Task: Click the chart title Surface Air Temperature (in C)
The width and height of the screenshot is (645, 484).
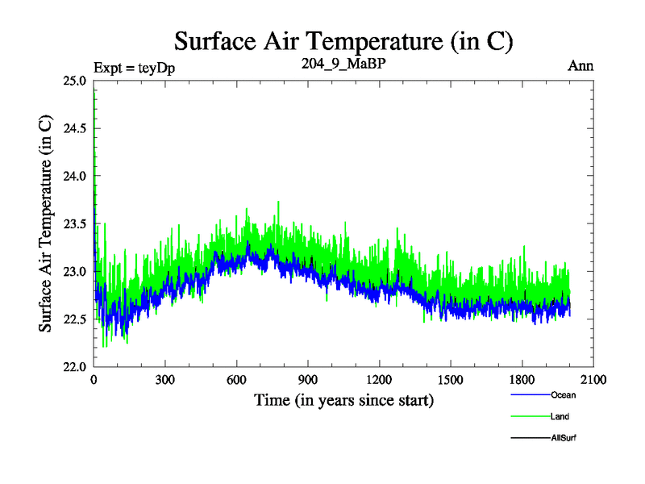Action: pos(343,40)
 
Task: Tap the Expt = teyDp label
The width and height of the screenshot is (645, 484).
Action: pos(135,67)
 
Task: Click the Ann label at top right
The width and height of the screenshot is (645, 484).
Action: pos(580,66)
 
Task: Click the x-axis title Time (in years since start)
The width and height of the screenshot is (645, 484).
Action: pos(343,400)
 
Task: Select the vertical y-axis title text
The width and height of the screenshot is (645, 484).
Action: pos(48,224)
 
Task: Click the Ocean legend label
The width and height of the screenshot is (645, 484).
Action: pos(564,395)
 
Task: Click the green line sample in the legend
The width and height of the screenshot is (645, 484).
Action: pos(530,416)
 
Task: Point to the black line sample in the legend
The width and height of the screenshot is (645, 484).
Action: pos(530,437)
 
